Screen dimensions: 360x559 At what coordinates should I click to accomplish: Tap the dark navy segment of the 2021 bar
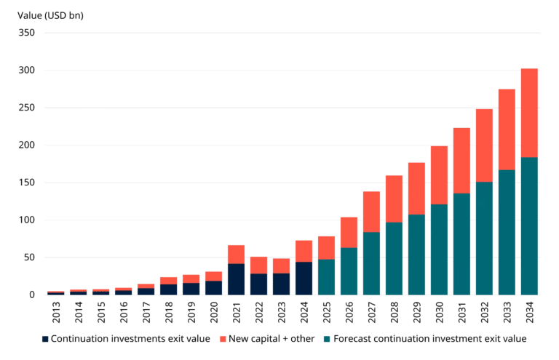(236, 279)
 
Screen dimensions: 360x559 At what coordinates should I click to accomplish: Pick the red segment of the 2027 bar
(371, 212)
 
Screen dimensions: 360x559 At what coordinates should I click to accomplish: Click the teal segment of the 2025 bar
(326, 276)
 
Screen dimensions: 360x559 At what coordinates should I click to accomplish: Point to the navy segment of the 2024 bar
(304, 278)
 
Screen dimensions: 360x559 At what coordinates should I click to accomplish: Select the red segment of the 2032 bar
(484, 145)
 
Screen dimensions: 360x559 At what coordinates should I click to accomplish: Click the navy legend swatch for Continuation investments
(46, 339)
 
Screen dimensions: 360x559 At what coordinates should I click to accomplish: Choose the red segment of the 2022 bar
(258, 265)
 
